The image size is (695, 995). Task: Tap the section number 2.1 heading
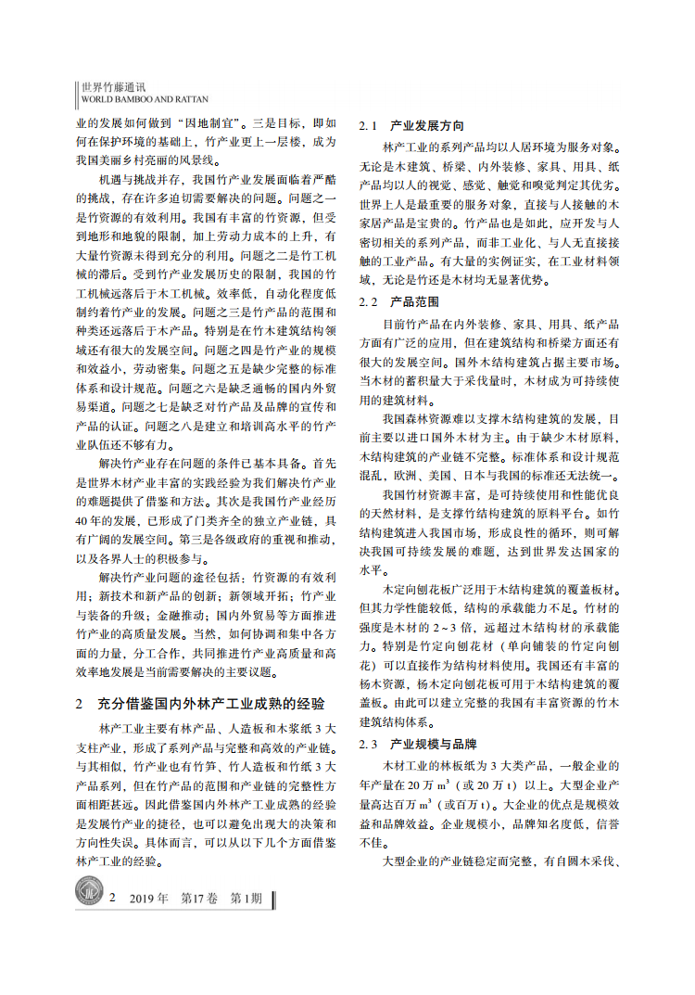click(x=368, y=125)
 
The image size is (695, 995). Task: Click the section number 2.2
click(x=368, y=302)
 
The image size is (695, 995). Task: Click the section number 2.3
click(x=368, y=745)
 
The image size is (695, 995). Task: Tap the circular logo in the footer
click(x=90, y=896)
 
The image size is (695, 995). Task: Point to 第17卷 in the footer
click(x=200, y=899)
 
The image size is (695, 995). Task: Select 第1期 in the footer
click(x=246, y=899)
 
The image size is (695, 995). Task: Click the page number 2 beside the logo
click(x=113, y=899)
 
